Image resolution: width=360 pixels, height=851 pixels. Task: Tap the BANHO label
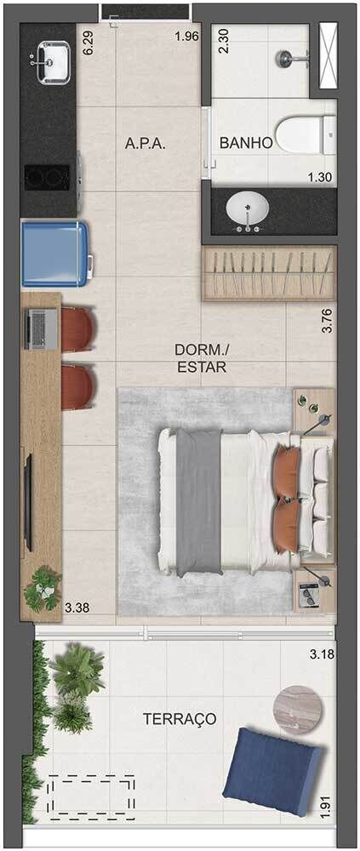(246, 144)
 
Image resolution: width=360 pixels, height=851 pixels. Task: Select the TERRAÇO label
(179, 719)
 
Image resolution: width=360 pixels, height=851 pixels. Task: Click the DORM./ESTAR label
(202, 358)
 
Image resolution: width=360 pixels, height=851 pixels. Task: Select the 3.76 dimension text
(327, 321)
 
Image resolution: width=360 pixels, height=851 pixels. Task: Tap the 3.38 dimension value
(77, 607)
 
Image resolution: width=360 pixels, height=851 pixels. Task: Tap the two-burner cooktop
(48, 177)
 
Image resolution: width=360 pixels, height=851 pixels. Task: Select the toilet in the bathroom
(302, 133)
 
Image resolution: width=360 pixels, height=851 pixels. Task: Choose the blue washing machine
(54, 253)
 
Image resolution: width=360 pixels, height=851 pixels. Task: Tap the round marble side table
(294, 705)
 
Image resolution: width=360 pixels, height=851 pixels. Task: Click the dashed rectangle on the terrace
(91, 796)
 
